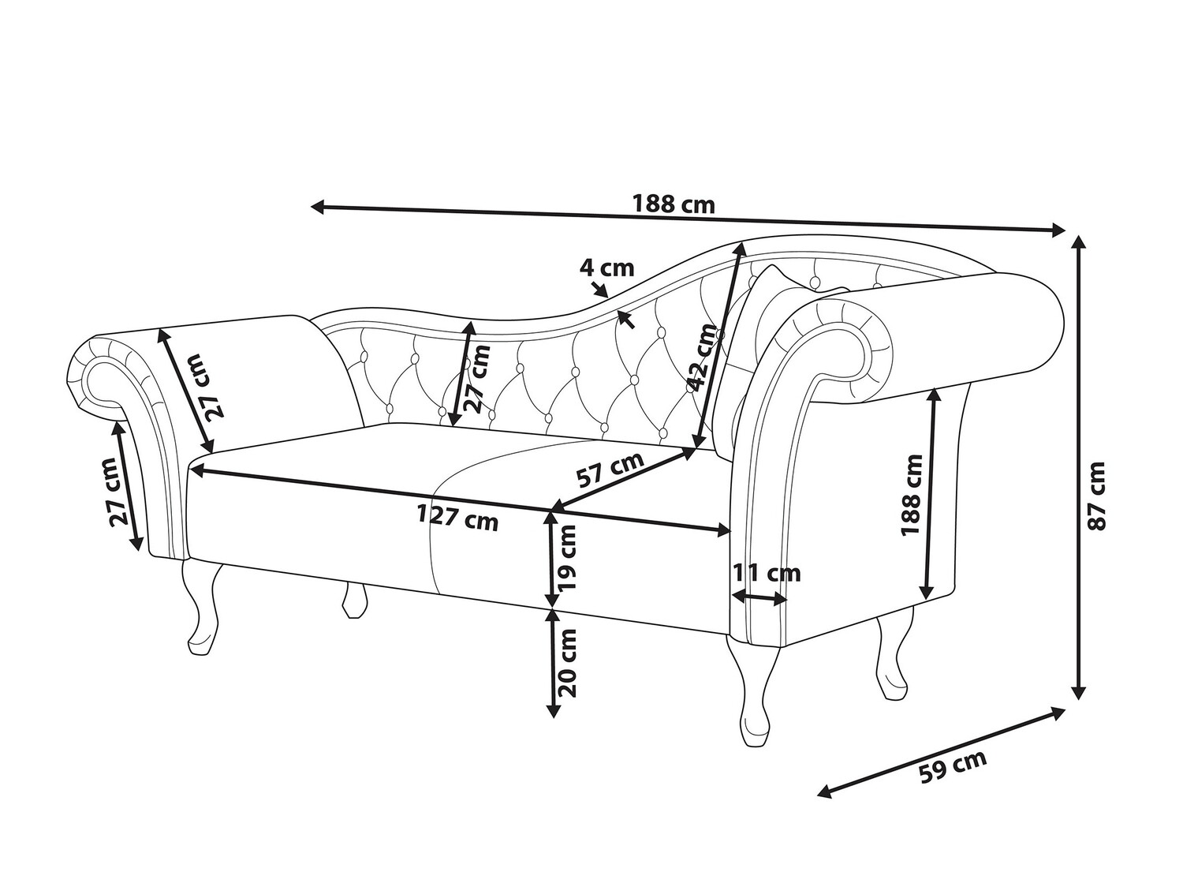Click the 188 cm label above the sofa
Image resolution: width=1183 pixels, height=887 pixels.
click(x=674, y=204)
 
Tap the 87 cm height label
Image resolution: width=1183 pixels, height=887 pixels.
click(x=1096, y=496)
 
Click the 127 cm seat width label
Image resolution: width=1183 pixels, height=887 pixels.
click(x=457, y=519)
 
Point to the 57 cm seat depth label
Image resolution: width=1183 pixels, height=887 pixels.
click(x=610, y=469)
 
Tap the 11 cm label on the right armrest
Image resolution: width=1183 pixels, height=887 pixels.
click(x=767, y=573)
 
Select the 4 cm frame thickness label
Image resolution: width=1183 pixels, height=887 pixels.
click(x=606, y=268)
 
